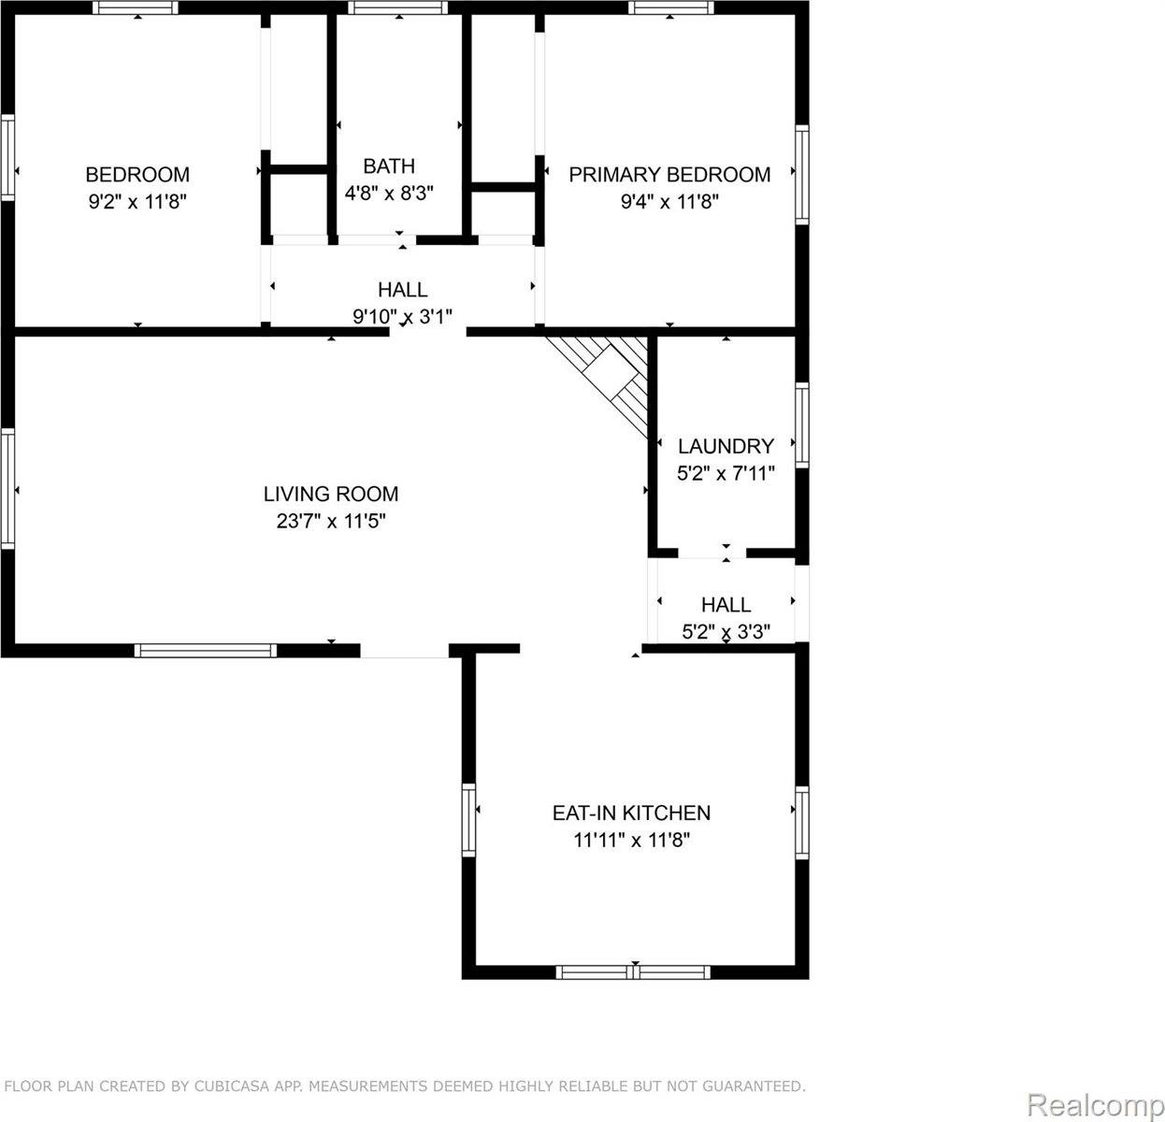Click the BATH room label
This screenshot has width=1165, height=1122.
coord(389,166)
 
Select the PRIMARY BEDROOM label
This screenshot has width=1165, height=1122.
coord(669,175)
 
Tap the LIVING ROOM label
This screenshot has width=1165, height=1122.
coord(331,494)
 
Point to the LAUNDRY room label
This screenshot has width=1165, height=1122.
coord(726,446)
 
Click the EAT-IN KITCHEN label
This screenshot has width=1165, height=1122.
coord(631,813)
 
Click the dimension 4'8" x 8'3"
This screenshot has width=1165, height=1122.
coord(389,194)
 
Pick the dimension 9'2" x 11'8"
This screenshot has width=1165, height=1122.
coord(137,202)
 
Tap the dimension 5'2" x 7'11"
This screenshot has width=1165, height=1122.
coord(726,473)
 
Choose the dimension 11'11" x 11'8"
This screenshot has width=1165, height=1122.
coord(631,841)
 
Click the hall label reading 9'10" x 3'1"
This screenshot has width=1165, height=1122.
coord(402,317)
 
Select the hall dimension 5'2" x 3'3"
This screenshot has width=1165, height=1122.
coord(726,632)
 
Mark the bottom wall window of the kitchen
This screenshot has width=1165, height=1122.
coord(633,972)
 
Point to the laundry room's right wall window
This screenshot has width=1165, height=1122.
coord(801,424)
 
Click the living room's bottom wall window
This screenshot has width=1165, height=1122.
coord(206,651)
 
